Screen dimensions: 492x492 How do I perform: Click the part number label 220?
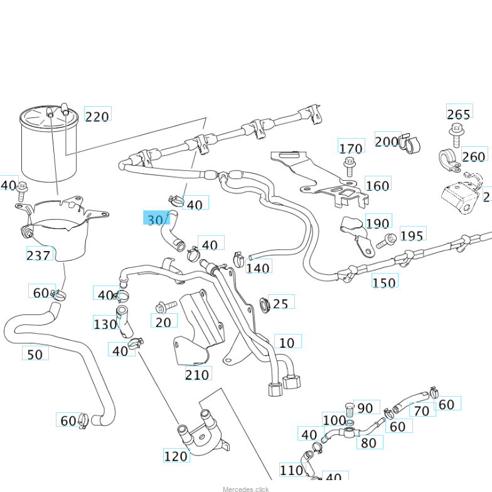(97, 116)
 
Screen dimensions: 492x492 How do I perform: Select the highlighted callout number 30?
(156, 219)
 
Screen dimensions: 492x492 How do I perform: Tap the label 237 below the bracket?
(39, 255)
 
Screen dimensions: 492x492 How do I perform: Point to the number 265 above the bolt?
(459, 114)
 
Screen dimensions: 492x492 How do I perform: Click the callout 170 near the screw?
(351, 148)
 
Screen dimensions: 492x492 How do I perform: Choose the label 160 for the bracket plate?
(377, 185)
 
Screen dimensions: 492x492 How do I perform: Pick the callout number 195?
(412, 235)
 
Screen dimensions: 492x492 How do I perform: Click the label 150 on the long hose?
(384, 282)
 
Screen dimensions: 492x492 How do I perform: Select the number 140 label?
(258, 268)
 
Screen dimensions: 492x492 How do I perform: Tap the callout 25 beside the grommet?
(281, 304)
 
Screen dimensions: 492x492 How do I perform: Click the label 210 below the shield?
(198, 375)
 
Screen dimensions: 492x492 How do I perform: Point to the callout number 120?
(176, 456)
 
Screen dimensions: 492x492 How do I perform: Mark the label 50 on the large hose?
(35, 354)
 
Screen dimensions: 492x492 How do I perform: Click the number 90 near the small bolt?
(365, 409)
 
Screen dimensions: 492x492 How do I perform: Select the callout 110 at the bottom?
(291, 470)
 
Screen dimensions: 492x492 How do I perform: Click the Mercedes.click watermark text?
(245, 489)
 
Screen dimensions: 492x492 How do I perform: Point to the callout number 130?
(105, 324)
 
